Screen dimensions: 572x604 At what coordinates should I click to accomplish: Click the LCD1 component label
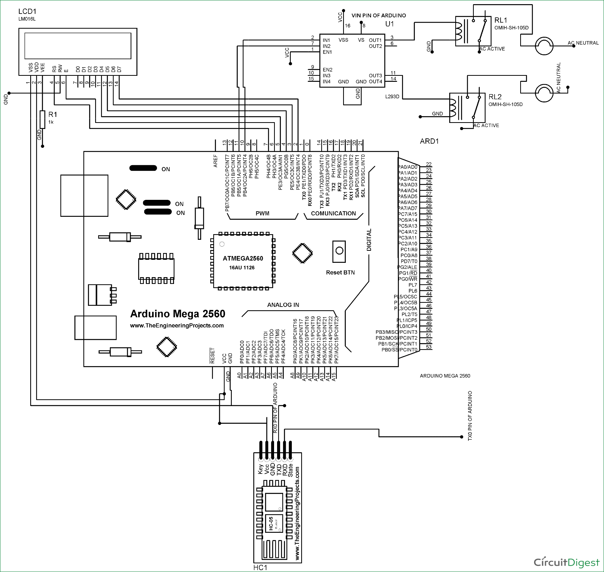coord(27,11)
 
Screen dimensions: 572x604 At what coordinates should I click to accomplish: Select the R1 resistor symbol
coord(42,120)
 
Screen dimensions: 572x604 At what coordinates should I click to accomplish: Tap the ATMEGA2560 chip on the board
coord(242,262)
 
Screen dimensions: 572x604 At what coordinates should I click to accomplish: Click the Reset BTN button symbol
coord(339,251)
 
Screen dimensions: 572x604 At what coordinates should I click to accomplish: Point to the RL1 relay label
coord(501,20)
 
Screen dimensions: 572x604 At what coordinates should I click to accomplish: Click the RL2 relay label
coord(495,97)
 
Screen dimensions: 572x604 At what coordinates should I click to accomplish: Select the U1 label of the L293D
coord(390,24)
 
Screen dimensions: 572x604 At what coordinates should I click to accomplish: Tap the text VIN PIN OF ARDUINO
coord(379,15)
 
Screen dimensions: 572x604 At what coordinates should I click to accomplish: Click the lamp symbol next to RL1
coord(544,46)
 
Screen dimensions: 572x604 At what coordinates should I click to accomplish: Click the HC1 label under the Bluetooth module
coord(260,567)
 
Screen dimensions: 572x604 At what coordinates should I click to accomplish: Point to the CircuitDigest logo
coord(566,562)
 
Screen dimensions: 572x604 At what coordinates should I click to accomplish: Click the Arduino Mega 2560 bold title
coord(177,314)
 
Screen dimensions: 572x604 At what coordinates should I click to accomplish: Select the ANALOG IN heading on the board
coord(283,305)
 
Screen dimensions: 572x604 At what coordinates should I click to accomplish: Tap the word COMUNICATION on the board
coord(333,213)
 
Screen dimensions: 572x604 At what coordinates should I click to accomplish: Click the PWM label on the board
coord(262,213)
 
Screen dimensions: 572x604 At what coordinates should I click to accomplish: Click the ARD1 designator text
coord(429,141)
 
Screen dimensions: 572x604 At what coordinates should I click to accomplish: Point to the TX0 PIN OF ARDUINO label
coord(470,416)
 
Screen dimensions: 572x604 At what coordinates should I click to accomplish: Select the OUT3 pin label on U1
coord(375,76)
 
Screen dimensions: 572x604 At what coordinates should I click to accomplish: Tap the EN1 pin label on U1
coord(327,52)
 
